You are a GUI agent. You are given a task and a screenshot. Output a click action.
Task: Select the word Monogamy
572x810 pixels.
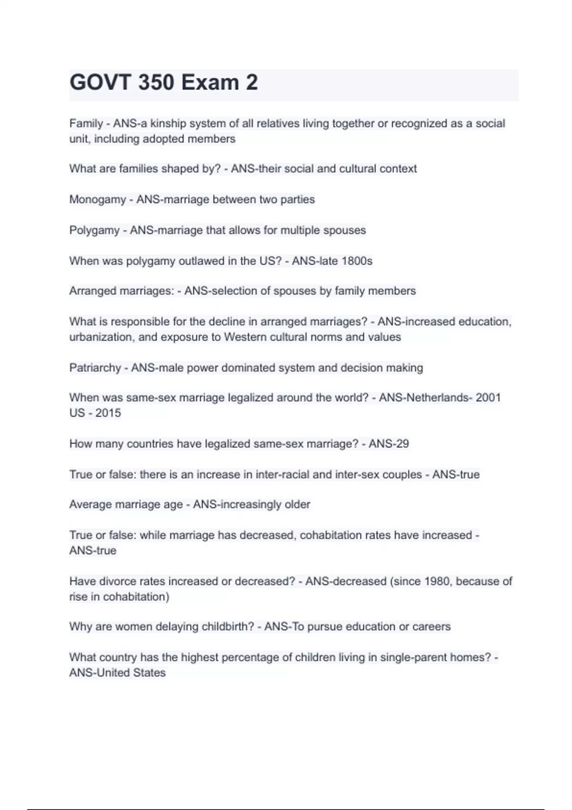coord(98,199)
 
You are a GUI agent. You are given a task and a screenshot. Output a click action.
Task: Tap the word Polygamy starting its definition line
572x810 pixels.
coord(94,230)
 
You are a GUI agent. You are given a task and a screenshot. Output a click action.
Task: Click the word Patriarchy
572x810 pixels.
coord(95,368)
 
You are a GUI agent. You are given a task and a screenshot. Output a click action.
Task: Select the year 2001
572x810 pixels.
coord(488,397)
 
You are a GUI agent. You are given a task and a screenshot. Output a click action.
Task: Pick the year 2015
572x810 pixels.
coord(108,413)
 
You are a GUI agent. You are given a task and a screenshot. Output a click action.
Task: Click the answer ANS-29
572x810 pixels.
coord(388,444)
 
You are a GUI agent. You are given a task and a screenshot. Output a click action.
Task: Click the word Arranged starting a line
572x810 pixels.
coord(92,291)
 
